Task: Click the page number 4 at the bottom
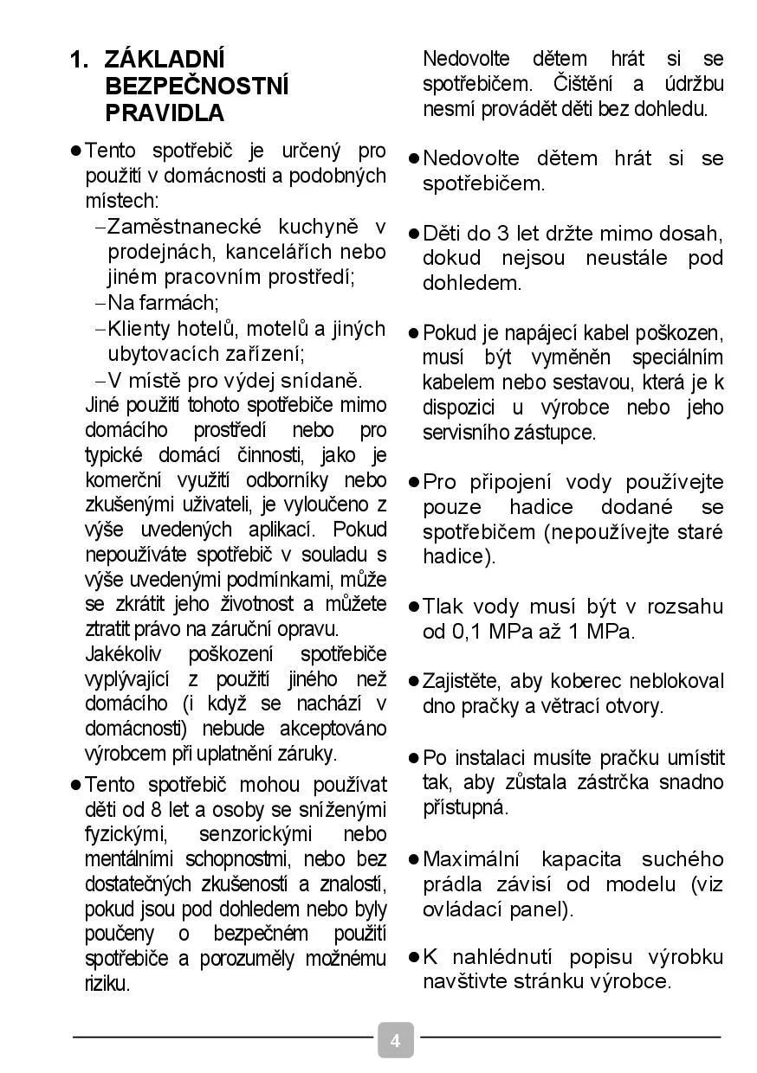[395, 1040]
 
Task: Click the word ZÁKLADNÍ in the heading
[164, 60]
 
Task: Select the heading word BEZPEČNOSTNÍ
[197, 87]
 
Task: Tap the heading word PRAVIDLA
[165, 113]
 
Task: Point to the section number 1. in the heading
[79, 60]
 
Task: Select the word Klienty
[139, 329]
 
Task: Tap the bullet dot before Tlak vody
[414, 607]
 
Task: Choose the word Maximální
[470, 860]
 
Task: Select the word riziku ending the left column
[107, 985]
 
